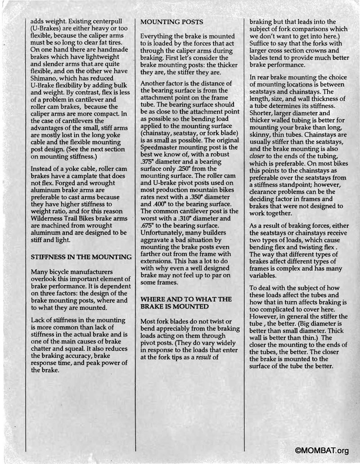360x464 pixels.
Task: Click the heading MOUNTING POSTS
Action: pyautogui.click(x=172, y=22)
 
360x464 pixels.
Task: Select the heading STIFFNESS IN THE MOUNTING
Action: pyautogui.click(x=81, y=257)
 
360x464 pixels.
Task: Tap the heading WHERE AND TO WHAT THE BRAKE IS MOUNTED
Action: pyautogui.click(x=186, y=303)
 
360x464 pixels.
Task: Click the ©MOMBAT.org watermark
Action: pyautogui.click(x=322, y=451)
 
